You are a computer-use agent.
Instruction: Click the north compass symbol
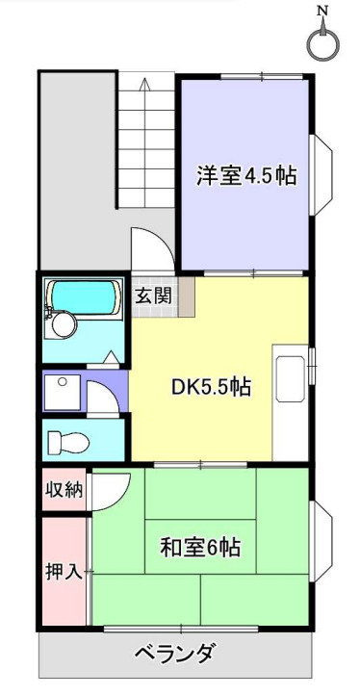324,43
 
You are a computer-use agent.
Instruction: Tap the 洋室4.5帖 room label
246,176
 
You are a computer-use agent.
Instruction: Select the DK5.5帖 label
212,387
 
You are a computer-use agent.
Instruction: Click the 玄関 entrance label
153,295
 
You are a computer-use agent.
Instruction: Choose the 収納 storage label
64,489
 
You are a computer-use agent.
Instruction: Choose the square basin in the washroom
62,391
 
